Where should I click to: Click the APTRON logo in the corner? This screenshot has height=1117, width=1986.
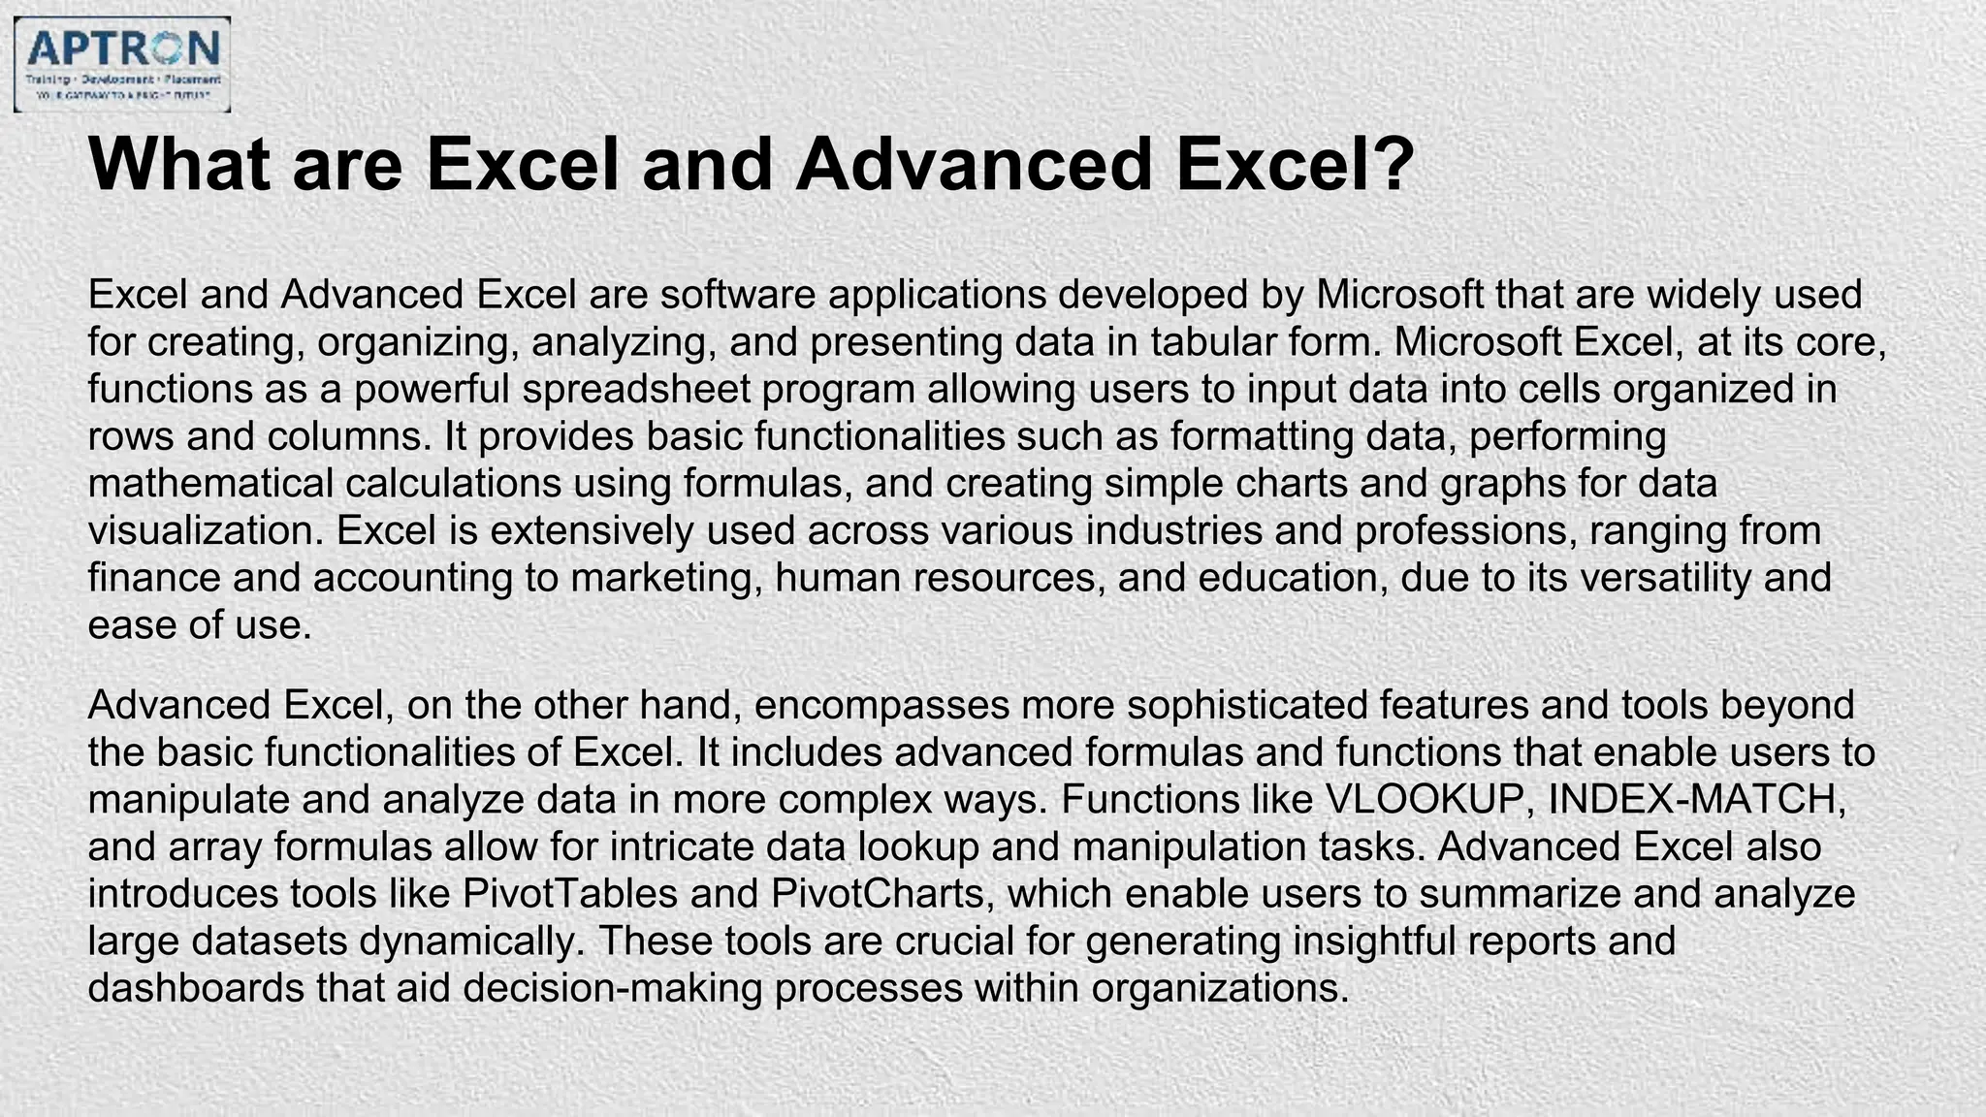(x=122, y=64)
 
